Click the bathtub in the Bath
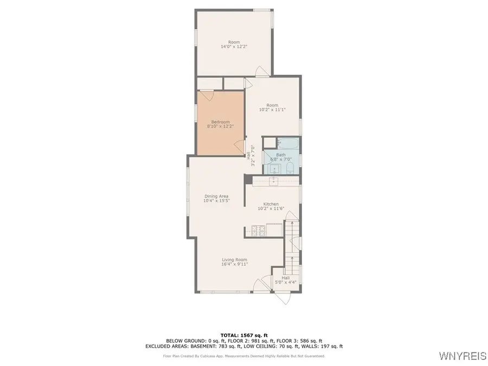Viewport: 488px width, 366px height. (x=284, y=144)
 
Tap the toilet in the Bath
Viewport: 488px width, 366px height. (x=290, y=167)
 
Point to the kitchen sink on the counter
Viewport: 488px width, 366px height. (x=274, y=180)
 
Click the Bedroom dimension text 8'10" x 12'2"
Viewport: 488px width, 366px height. (x=220, y=126)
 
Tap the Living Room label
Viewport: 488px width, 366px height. (x=234, y=260)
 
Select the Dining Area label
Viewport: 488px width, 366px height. (x=216, y=196)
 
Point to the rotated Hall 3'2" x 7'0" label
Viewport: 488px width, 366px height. (x=251, y=154)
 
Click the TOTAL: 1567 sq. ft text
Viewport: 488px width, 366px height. (x=243, y=335)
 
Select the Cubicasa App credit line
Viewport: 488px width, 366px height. (x=244, y=356)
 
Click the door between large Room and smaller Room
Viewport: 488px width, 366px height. (x=261, y=72)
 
